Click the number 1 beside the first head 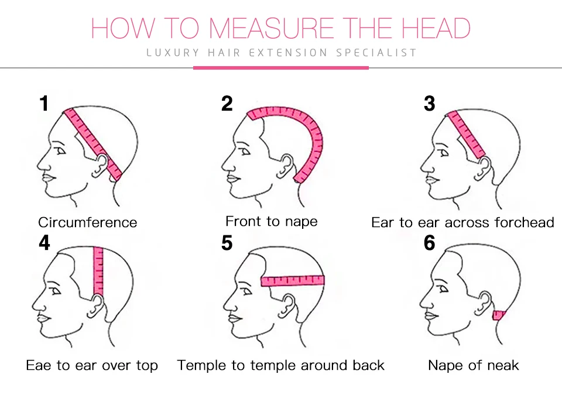[x=44, y=104]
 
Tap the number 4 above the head [x=44, y=242]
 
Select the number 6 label [x=429, y=242]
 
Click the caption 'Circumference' [x=87, y=222]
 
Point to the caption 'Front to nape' [x=271, y=221]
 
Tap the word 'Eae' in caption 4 [x=39, y=366]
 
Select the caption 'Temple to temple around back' [x=280, y=366]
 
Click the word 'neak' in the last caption [x=503, y=366]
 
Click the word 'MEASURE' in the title [x=270, y=28]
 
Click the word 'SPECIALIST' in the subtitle [x=376, y=53]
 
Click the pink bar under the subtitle [x=280, y=68]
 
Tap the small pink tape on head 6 [x=499, y=315]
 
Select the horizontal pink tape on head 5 [x=293, y=280]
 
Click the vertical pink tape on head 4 [x=98, y=272]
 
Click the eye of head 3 [x=444, y=153]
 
